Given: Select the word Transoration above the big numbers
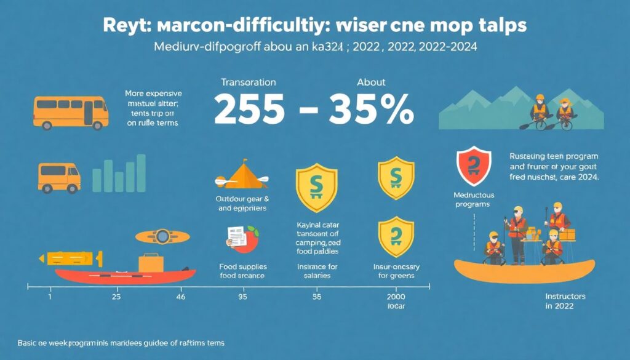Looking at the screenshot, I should click(249, 82).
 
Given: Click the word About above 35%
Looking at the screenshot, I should click(371, 82).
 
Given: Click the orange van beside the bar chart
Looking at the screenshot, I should click(59, 176).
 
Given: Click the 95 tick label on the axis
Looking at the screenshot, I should click(243, 296).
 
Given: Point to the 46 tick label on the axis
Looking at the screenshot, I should click(180, 296).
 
